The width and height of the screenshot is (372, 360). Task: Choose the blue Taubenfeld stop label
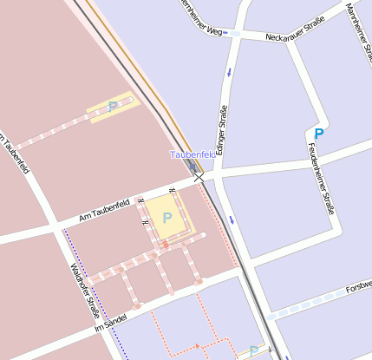(x=192, y=154)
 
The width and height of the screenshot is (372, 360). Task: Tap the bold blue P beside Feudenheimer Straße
(x=318, y=134)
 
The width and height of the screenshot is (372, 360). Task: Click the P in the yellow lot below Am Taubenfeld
(x=166, y=218)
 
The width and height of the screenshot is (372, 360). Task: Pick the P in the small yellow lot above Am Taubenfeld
(x=113, y=107)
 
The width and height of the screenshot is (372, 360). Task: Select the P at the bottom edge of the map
(x=252, y=351)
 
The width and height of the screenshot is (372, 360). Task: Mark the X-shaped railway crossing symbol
(x=199, y=177)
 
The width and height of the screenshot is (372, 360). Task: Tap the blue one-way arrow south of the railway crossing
(x=232, y=219)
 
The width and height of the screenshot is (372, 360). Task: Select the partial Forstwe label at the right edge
(x=358, y=286)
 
